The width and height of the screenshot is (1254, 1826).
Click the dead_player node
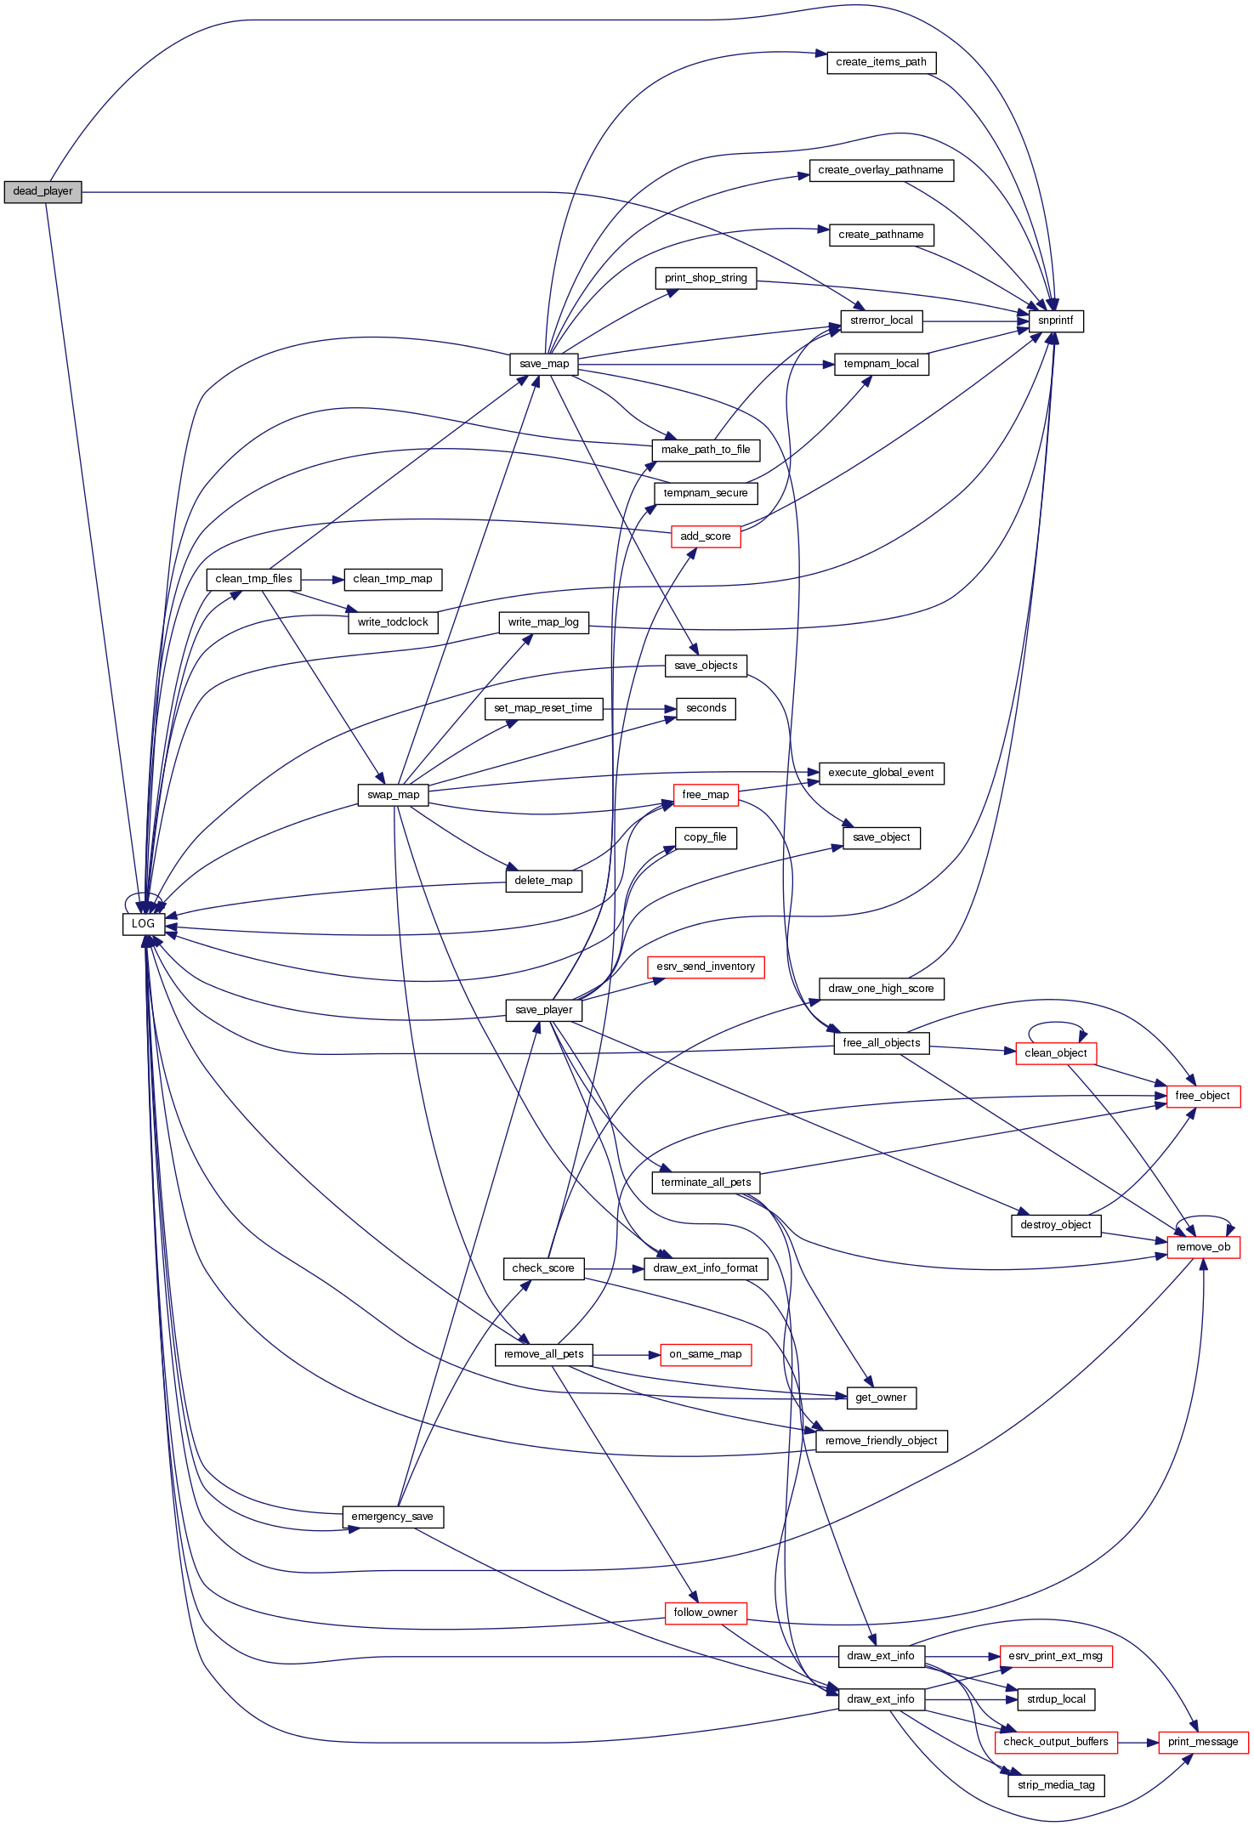[x=43, y=192]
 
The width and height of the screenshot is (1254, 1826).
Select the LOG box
[x=144, y=924]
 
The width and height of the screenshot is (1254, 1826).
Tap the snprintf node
[x=1056, y=321]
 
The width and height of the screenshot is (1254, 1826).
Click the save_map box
[x=544, y=364]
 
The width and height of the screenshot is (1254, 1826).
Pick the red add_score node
[x=706, y=536]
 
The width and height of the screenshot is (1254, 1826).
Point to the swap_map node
[x=393, y=795]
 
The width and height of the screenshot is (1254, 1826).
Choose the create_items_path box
[x=881, y=62]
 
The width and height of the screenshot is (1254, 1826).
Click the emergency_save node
[x=392, y=1517]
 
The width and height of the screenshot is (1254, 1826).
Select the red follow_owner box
[x=705, y=1613]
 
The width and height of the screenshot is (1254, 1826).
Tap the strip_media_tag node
[x=1056, y=1785]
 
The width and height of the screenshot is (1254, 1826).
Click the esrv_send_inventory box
[x=706, y=967]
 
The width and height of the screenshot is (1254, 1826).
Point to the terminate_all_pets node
[x=706, y=1182]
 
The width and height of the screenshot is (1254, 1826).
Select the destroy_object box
[x=1056, y=1225]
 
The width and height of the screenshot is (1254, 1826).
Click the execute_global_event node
[x=881, y=773]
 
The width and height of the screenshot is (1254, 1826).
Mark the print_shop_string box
[x=706, y=278]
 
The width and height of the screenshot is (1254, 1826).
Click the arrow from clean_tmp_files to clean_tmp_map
[x=322, y=580]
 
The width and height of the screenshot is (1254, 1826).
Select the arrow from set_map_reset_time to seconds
[x=639, y=708]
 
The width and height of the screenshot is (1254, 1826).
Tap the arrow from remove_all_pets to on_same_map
[x=626, y=1355]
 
